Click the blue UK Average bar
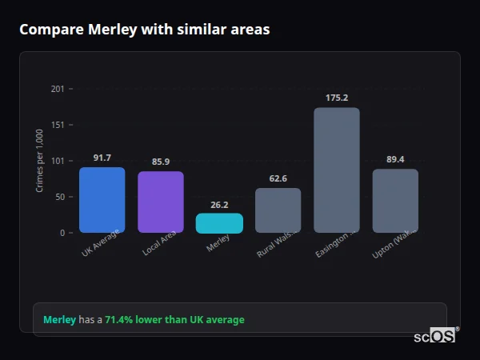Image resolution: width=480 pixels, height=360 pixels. point(102,200)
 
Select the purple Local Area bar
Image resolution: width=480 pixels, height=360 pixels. point(160,202)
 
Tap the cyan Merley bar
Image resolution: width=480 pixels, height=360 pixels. point(219,223)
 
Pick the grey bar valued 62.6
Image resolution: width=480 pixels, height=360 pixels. point(278,210)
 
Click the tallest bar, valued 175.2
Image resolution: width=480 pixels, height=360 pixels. point(337,170)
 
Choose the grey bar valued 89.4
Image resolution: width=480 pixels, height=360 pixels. point(395,201)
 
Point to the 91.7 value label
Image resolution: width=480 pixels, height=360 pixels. point(102,158)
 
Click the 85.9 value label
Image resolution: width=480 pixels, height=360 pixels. point(160,162)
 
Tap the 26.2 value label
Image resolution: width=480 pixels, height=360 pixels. point(219,204)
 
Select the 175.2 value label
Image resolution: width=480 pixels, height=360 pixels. point(337,98)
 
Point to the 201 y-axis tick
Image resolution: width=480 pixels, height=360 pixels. point(57,89)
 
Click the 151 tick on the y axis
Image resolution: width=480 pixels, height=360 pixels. point(57,125)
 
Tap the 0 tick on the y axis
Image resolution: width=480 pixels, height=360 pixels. point(62,233)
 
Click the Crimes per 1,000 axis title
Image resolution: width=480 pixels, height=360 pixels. point(40,161)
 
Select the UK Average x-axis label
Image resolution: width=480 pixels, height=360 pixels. point(101,243)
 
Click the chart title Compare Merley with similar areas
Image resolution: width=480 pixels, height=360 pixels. point(144,30)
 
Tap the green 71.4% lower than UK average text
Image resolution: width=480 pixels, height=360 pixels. point(174,320)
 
